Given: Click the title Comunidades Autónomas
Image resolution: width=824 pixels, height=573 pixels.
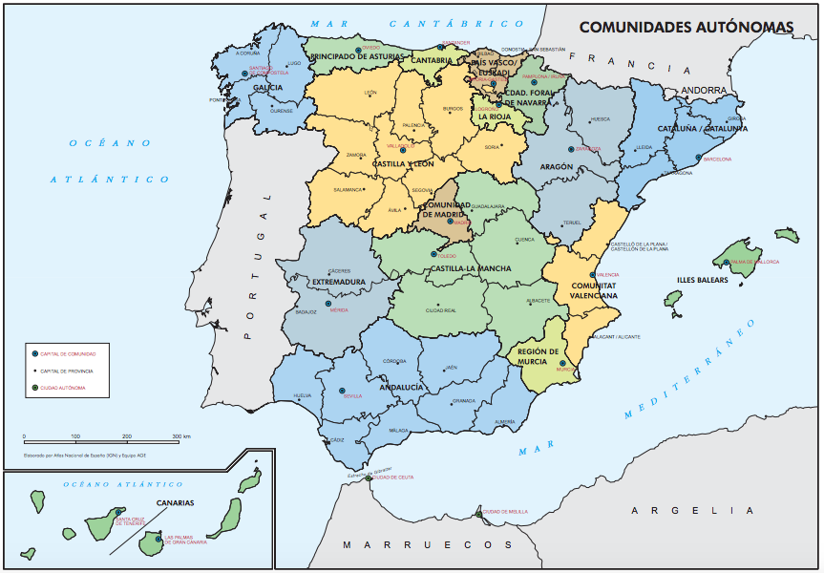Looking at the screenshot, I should click(x=686, y=29).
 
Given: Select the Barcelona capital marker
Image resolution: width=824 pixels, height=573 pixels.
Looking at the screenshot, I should click(x=699, y=159).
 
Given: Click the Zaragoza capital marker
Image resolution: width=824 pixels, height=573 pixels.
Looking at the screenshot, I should click(x=571, y=149).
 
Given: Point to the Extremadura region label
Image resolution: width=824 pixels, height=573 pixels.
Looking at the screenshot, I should click(x=339, y=282).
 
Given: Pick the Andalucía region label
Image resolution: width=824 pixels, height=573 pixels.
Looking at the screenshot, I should click(x=401, y=387).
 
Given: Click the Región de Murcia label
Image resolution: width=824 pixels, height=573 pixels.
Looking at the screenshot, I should click(x=539, y=356).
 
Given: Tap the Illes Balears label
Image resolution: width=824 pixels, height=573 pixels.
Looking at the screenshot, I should click(x=702, y=280).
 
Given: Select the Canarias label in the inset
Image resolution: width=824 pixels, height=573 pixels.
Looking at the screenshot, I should click(x=175, y=502).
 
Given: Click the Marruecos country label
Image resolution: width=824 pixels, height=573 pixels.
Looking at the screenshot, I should click(x=420, y=544).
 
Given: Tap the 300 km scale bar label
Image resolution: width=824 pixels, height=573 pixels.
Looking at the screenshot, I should click(x=181, y=436).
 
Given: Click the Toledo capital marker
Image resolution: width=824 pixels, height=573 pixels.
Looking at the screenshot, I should click(x=434, y=255).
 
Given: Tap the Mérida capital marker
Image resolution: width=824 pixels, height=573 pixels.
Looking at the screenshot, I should click(x=327, y=305).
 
